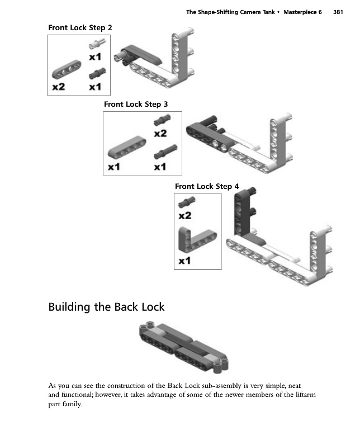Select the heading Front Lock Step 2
coord(84,27)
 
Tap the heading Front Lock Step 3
coord(136,104)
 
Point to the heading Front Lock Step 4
coord(207,186)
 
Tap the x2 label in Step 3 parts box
coord(160,134)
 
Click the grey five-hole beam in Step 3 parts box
coord(123,149)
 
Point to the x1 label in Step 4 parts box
coord(185,261)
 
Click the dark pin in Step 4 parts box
coord(186,202)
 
